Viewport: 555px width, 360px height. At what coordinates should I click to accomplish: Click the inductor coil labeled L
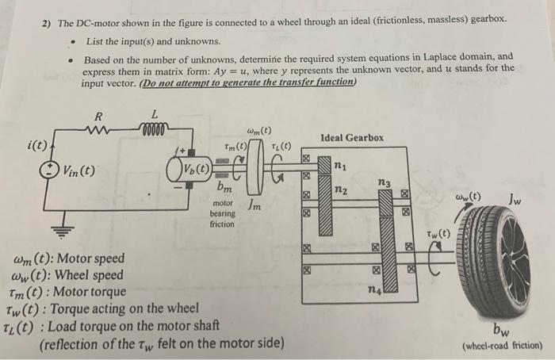click(155, 128)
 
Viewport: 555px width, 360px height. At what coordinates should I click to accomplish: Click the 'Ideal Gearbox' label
click(352, 138)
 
